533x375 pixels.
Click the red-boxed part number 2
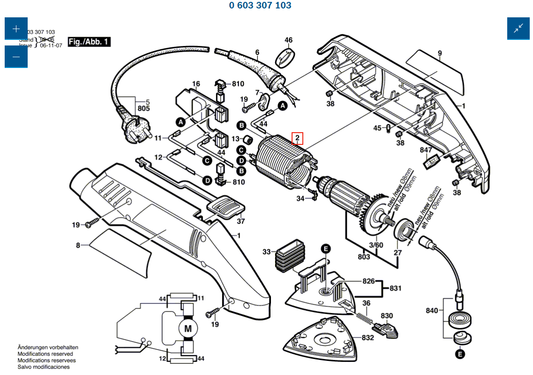pyautogui.click(x=298, y=138)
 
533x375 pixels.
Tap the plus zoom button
pyautogui.click(x=16, y=29)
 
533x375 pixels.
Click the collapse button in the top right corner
pyautogui.click(x=518, y=29)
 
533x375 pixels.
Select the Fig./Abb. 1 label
pyautogui.click(x=89, y=42)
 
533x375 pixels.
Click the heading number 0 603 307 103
pyautogui.click(x=260, y=6)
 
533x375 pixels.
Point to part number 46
pyautogui.click(x=288, y=40)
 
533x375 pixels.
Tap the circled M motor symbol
pyautogui.click(x=188, y=329)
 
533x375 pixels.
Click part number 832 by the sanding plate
pyautogui.click(x=368, y=337)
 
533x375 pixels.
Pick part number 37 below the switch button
pyautogui.click(x=241, y=221)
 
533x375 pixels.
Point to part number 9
pyautogui.click(x=440, y=53)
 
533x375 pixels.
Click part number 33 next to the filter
pyautogui.click(x=267, y=252)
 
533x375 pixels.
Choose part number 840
pyautogui.click(x=432, y=310)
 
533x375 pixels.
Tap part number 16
pyautogui.click(x=196, y=84)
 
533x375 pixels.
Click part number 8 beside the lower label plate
pyautogui.click(x=79, y=245)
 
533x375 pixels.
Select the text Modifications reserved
pyautogui.click(x=45, y=354)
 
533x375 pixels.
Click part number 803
pyautogui.click(x=364, y=256)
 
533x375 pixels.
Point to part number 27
pyautogui.click(x=398, y=253)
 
